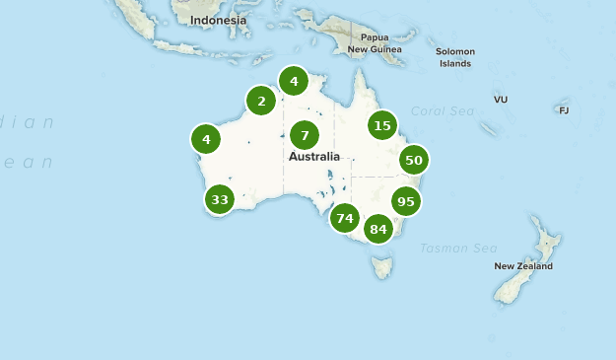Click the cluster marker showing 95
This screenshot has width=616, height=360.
pyautogui.click(x=405, y=201)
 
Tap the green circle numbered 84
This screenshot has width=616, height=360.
pyautogui.click(x=377, y=230)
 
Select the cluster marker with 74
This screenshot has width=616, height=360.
pyautogui.click(x=344, y=218)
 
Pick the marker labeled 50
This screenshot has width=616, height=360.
pyautogui.click(x=413, y=160)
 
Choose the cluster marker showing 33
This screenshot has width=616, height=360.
pyautogui.click(x=220, y=200)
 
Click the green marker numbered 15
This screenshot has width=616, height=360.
pyautogui.click(x=382, y=125)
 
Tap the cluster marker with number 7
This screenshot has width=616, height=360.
pyautogui.click(x=305, y=135)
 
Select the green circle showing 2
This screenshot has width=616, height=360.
pyautogui.click(x=261, y=101)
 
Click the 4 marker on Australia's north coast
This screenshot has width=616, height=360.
pyautogui.click(x=294, y=81)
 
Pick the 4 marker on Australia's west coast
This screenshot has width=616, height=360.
pyautogui.click(x=206, y=139)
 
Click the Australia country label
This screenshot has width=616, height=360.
pyautogui.click(x=314, y=157)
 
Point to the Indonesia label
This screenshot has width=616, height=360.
pyautogui.click(x=218, y=20)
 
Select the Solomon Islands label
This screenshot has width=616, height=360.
pyautogui.click(x=456, y=57)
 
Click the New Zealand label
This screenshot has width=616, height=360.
pyautogui.click(x=523, y=266)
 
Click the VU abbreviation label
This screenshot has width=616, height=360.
pyautogui.click(x=501, y=100)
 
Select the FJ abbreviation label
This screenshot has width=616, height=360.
pyautogui.click(x=564, y=110)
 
